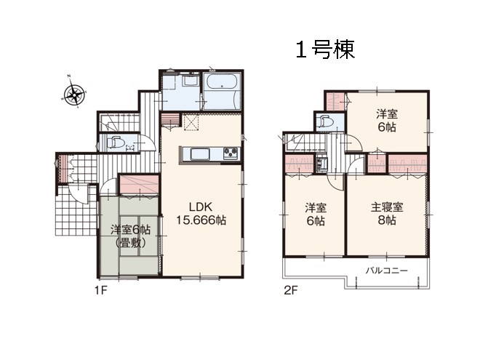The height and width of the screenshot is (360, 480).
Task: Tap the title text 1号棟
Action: point(325,49)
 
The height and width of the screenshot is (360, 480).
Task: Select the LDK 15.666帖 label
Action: point(201,214)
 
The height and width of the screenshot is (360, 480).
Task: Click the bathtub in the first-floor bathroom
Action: point(221,81)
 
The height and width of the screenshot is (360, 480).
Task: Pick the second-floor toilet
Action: point(325,121)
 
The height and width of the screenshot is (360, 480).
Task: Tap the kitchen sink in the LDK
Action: point(200,153)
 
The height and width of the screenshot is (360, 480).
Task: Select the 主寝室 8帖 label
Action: point(387,214)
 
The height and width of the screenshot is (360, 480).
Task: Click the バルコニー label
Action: point(386,271)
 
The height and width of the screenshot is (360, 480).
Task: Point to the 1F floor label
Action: point(100,290)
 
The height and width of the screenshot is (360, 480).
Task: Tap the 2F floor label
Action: point(290,290)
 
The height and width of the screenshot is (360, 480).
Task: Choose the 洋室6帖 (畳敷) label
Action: point(130,236)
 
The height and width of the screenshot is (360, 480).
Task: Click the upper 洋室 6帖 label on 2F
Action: point(387,121)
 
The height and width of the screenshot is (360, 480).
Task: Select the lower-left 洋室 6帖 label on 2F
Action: point(316,215)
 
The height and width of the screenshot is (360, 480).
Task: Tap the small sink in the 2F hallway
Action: point(321,164)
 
